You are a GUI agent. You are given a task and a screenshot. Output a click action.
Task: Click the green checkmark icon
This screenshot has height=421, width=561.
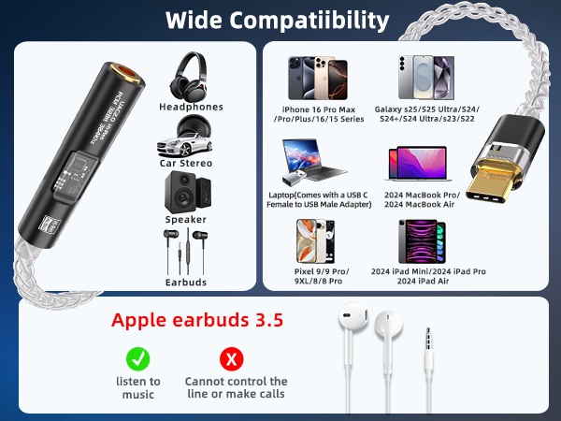(137, 357)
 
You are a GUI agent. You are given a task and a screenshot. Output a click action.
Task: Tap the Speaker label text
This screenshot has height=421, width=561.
(185, 219)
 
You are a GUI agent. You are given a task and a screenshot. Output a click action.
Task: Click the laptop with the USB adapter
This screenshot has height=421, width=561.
(312, 162)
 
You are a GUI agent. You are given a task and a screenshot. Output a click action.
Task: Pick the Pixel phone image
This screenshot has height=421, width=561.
(316, 240)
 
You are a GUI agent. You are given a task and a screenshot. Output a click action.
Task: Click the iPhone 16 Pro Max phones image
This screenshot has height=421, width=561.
(315, 77)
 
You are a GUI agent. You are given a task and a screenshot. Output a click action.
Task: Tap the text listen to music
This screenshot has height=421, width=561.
(137, 387)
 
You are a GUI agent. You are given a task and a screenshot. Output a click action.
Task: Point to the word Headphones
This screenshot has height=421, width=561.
(192, 107)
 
